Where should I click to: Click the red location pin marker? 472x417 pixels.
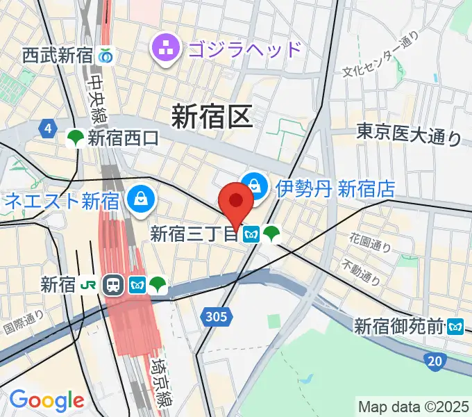tap(236, 202)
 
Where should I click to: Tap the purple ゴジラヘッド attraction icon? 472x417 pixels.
tap(167, 49)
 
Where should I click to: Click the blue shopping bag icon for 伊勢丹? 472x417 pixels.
tap(255, 186)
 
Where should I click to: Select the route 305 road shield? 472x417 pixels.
tap(216, 318)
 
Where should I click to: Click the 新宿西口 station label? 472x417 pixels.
tap(123, 138)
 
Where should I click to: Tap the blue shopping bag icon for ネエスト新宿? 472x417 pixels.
tap(142, 202)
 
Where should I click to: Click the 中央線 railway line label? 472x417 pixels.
tap(96, 97)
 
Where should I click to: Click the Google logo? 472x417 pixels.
tap(47, 400)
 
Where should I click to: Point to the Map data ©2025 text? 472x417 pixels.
tap(413, 406)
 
